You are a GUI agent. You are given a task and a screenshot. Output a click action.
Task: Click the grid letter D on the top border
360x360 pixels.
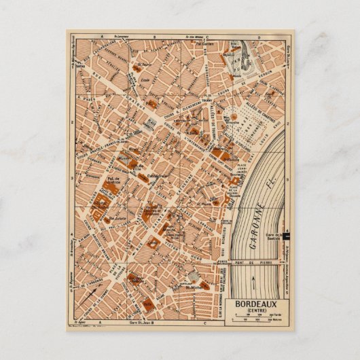coord(259,34)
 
